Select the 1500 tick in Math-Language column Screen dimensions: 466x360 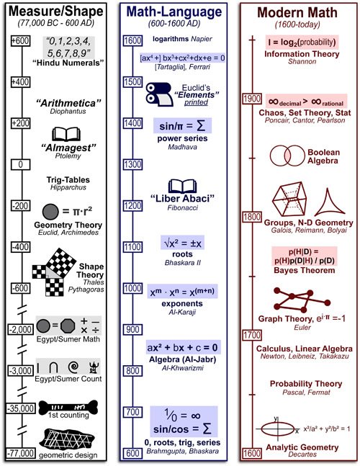coord(131,82)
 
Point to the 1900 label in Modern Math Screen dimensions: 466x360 coord(252,98)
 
